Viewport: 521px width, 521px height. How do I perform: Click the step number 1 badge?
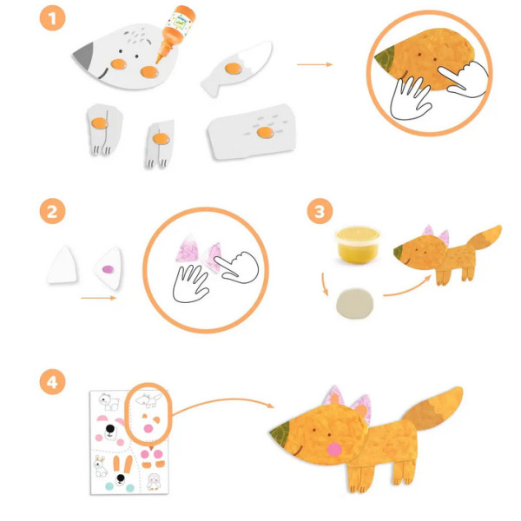[x=52, y=18]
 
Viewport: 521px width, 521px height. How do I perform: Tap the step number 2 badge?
[x=52, y=211]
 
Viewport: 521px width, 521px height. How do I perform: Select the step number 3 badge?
[x=320, y=211]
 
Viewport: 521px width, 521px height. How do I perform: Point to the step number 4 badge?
[x=52, y=382]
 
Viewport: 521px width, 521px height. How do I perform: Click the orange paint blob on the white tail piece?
[x=234, y=69]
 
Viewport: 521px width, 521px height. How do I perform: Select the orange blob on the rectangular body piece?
[x=265, y=132]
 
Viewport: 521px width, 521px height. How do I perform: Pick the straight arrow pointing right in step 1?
[x=314, y=64]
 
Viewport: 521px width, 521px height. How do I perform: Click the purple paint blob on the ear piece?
[x=108, y=269]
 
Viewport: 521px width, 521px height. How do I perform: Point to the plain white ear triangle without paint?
[x=63, y=265]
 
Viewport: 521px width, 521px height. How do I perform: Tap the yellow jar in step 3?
[x=358, y=245]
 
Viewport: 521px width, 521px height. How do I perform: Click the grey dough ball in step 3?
[x=354, y=304]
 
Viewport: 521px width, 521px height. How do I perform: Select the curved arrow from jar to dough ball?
[x=325, y=285]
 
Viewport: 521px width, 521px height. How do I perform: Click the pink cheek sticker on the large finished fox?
[x=334, y=450]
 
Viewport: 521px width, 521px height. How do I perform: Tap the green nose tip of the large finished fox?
[x=279, y=433]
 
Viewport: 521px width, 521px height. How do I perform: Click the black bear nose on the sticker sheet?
[x=110, y=429]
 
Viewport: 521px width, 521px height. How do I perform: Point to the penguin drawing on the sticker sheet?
[x=154, y=482]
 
